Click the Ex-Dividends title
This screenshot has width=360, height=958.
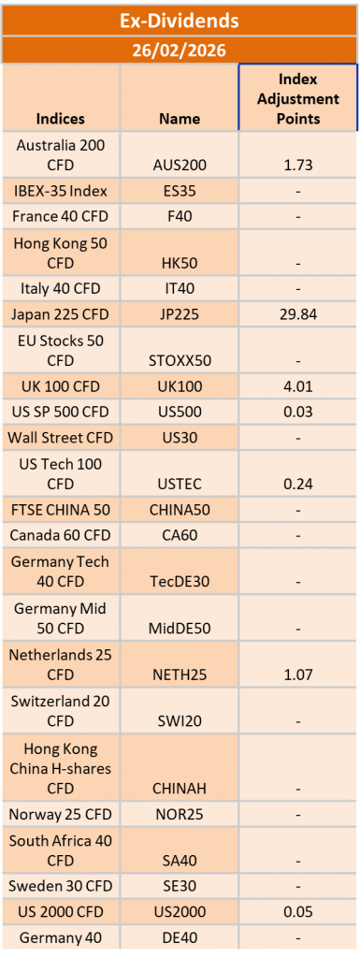coord(180,20)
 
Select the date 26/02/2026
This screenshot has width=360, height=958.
coord(180,50)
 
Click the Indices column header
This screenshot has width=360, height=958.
coord(61,119)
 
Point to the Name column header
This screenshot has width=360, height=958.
coord(180,119)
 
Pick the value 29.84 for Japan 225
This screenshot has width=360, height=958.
coord(298,313)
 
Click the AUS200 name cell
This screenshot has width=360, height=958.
coord(180,164)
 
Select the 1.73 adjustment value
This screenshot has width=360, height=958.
coord(298,164)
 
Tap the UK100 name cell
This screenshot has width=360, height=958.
coord(180,385)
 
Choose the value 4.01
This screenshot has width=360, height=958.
coord(298,385)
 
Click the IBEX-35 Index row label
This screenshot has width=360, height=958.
coord(61,191)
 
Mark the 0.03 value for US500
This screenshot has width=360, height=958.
coord(298,411)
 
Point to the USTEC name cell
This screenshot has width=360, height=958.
coord(180,483)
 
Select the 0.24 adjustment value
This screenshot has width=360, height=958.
coord(298,483)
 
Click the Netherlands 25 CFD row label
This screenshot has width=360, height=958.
coord(61,664)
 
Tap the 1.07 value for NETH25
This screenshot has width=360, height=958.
coord(298,674)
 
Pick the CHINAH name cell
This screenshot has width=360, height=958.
coord(180,789)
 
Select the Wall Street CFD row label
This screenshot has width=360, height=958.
coord(61,437)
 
